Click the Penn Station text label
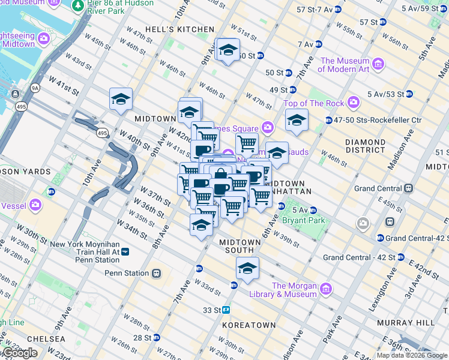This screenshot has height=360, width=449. pos(127,273)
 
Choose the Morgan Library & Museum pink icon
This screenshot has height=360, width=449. pos(326,290)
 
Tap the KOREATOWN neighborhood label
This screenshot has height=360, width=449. pos(248,325)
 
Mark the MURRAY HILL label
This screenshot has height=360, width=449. pos(405,322)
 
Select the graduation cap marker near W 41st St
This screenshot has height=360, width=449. pos(121,99)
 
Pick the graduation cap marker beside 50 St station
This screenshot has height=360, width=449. pos(228,50)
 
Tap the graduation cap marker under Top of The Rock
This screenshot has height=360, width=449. pos(296,121)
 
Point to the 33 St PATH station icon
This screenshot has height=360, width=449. pos(227,310)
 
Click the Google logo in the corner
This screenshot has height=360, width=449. pos(20,353)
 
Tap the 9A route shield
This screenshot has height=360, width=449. pos(35,88)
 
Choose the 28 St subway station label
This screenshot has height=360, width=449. pos(142,338)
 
